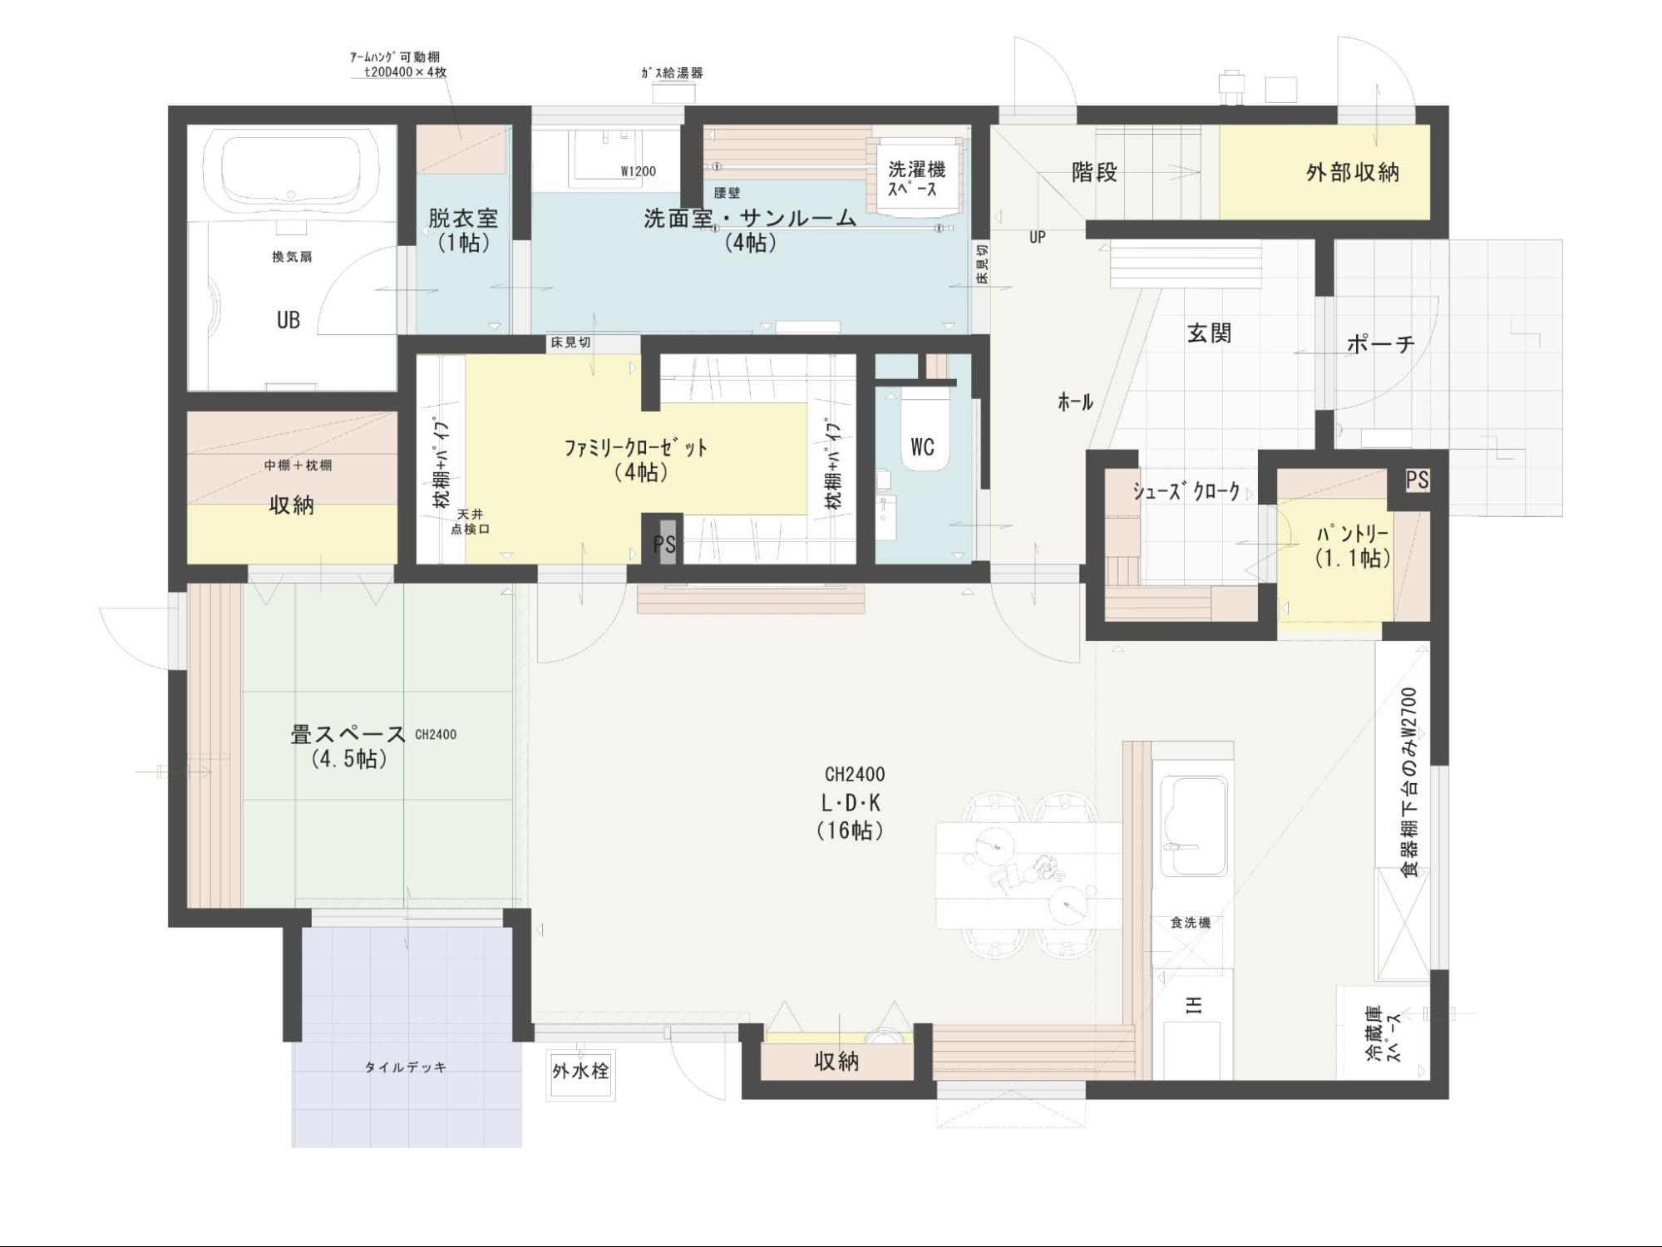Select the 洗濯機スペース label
(916, 179)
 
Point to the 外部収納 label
(1352, 173)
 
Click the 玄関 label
(1209, 333)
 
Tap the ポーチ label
(1380, 343)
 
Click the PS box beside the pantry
(1418, 480)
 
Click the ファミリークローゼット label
(636, 459)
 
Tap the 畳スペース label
(348, 746)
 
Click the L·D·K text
(851, 803)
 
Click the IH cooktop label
(1194, 1005)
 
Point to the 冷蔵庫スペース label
(1383, 1033)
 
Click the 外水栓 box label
(580, 1072)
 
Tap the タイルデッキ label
(406, 1067)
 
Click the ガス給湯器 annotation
(672, 73)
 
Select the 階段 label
(1094, 173)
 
